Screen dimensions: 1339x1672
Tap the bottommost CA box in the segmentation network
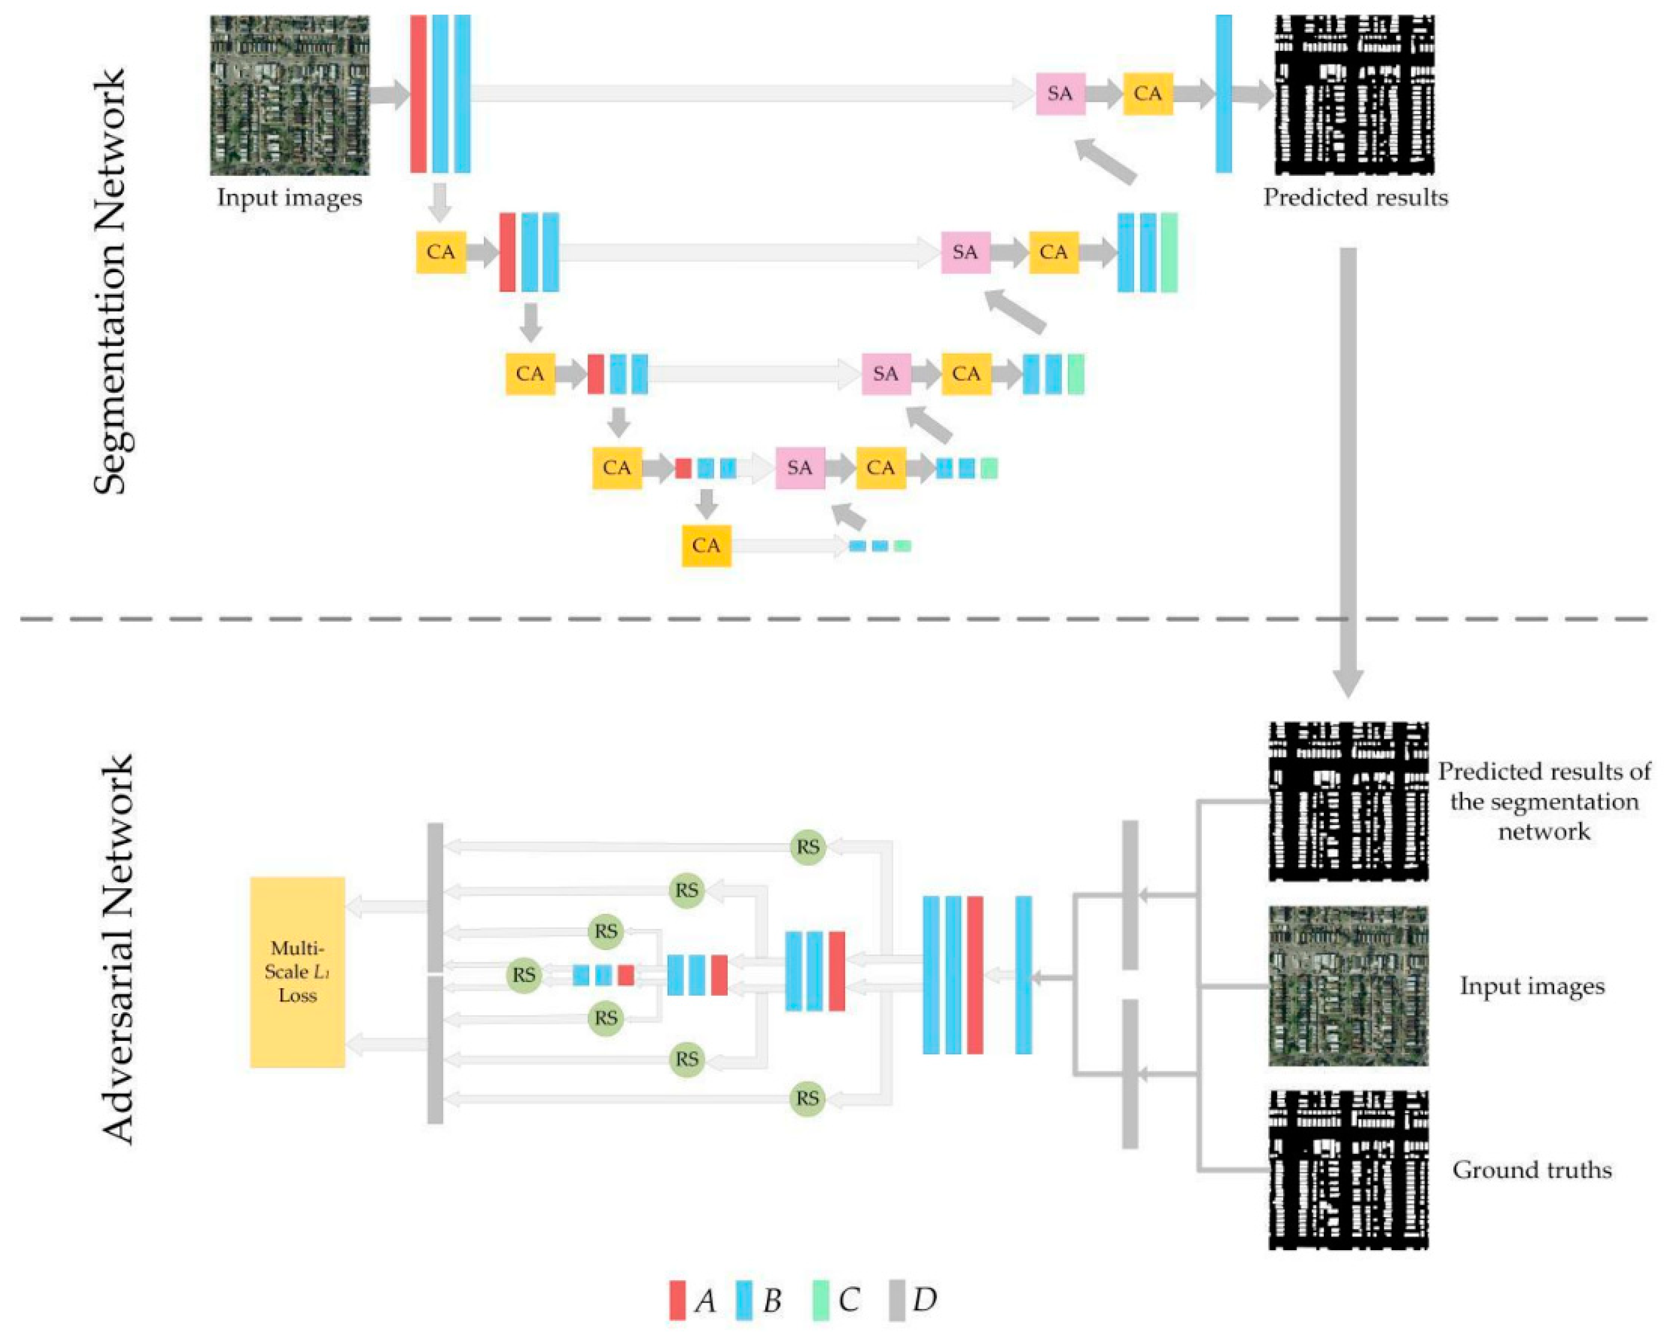click(x=706, y=545)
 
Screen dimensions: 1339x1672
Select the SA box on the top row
click(x=1060, y=94)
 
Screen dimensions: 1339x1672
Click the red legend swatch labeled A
click(x=677, y=1299)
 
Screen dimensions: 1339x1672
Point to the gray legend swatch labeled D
click(x=897, y=1299)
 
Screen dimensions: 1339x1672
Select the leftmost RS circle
click(x=524, y=974)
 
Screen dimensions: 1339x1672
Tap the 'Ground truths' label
click(x=1531, y=1169)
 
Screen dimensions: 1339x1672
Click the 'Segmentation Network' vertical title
click(x=109, y=281)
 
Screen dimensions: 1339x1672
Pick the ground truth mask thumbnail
click(x=1348, y=1169)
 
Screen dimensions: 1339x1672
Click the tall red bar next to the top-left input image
click(x=418, y=94)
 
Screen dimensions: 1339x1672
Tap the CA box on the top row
click(x=1148, y=94)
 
